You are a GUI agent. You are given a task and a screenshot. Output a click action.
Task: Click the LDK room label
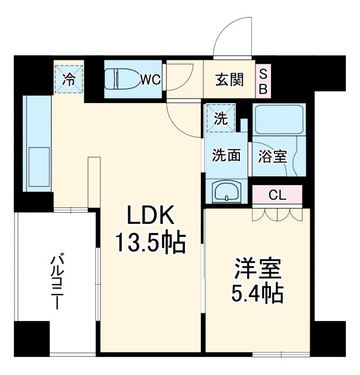coord(152,216)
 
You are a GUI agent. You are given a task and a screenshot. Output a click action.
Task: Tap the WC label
coord(150,80)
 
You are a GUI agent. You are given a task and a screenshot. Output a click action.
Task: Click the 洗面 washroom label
coord(227,155)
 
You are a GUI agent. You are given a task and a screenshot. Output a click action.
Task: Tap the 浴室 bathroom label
coord(272,156)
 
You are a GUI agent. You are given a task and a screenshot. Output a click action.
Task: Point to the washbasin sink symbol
coord(225,192)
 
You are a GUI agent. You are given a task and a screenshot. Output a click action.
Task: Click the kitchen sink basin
coord(38,167)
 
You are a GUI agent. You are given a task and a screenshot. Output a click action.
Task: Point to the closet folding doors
coord(277,215)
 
